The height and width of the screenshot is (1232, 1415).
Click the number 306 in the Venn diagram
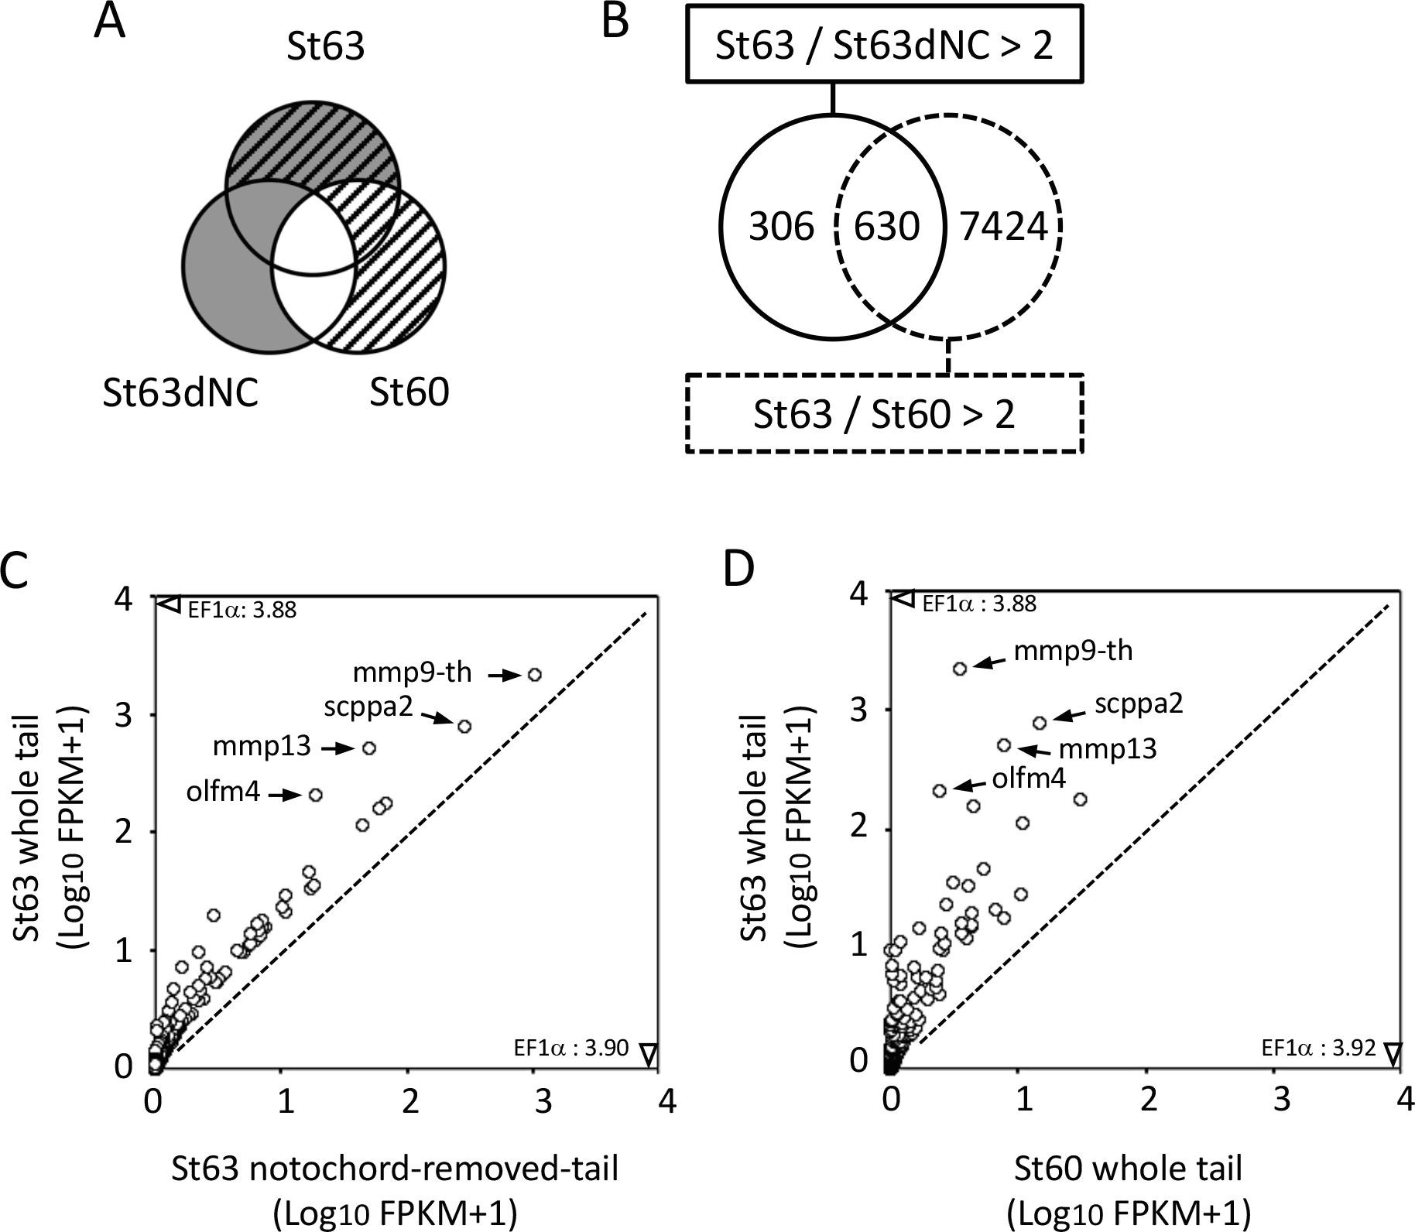point(782,228)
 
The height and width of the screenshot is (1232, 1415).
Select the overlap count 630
point(887,228)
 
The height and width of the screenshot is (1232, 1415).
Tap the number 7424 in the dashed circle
point(1003,228)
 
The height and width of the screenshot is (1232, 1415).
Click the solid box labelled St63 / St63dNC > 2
point(884,45)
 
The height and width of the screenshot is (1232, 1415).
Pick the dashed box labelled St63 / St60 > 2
point(884,415)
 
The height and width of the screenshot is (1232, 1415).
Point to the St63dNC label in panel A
point(180,393)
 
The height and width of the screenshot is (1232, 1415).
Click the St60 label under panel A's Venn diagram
point(409,392)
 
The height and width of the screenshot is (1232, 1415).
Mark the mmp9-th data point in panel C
point(534,675)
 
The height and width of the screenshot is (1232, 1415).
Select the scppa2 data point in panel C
point(464,727)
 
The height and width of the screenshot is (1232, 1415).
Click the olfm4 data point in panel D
point(940,791)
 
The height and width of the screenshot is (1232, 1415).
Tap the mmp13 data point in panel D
point(1004,745)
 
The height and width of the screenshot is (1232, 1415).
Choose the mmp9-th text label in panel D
point(1073,651)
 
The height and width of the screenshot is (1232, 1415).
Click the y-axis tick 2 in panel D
point(858,827)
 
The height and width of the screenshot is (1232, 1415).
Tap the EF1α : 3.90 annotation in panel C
point(571,1049)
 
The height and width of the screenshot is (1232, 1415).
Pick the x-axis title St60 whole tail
point(1129,1169)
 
